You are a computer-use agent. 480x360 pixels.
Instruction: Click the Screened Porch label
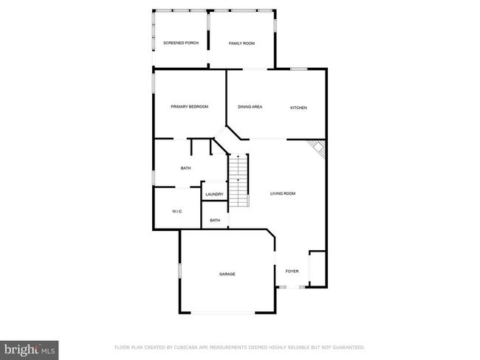[x=181, y=43]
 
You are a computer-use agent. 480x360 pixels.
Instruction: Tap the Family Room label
[x=241, y=44]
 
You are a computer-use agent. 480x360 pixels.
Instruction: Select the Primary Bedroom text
[x=190, y=107]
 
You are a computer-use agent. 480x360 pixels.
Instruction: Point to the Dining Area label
[x=250, y=107]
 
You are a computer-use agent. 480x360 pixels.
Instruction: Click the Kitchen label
[x=298, y=108]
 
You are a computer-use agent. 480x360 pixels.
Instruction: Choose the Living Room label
[x=283, y=193]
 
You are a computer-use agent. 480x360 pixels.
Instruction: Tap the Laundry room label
[x=215, y=194]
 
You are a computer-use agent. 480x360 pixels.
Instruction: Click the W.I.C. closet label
[x=177, y=211]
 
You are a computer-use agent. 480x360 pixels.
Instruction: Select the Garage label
[x=227, y=274]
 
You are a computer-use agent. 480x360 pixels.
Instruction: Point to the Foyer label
[x=292, y=271]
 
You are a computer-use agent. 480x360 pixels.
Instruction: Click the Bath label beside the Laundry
[x=186, y=168]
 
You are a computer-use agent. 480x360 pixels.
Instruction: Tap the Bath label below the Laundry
[x=215, y=221]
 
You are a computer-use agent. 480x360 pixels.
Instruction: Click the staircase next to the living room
[x=239, y=181]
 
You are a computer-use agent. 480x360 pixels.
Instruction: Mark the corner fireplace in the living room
[x=318, y=148]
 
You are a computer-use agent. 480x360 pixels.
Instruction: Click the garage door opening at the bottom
[x=223, y=313]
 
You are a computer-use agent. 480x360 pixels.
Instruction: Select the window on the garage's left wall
[x=180, y=271]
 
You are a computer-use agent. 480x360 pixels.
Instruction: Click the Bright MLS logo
[x=30, y=350]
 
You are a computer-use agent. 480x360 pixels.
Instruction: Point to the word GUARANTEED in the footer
[x=349, y=347]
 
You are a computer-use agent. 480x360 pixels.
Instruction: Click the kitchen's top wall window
[x=298, y=69]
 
